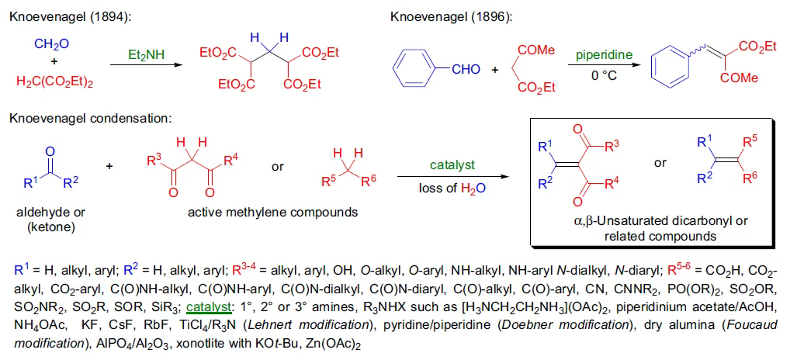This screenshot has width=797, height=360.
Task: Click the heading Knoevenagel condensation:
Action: tap(89, 118)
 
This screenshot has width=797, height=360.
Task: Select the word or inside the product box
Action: tap(660, 162)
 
